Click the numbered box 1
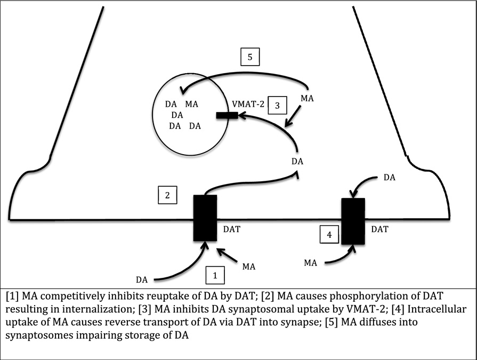click(x=215, y=275)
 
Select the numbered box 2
click(x=167, y=195)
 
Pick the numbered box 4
click(x=328, y=234)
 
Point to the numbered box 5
click(x=250, y=57)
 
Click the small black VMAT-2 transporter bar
click(x=227, y=115)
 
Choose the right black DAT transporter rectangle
click(x=353, y=221)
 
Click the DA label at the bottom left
click(x=142, y=279)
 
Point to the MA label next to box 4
click(x=311, y=262)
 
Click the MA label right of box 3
click(x=308, y=98)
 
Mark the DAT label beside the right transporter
click(x=379, y=229)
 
